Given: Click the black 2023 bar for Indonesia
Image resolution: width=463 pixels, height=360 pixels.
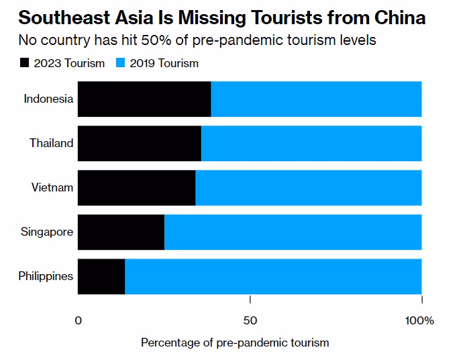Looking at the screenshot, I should [144, 99].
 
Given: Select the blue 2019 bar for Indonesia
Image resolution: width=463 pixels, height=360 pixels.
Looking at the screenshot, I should [316, 99].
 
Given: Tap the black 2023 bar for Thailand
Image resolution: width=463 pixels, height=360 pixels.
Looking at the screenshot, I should [140, 144].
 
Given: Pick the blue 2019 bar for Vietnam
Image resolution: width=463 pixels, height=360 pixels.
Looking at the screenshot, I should [309, 188].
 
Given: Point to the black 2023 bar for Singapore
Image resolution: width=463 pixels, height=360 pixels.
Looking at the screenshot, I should [121, 232].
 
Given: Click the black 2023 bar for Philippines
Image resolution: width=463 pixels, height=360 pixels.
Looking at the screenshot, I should [101, 277].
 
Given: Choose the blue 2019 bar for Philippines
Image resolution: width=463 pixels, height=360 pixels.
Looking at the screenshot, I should [273, 277].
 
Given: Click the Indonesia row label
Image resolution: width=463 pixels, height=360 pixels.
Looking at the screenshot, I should [48, 99].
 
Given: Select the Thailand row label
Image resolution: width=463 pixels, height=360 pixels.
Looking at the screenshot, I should [51, 143].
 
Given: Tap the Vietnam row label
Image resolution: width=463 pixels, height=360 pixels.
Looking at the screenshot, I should [52, 187].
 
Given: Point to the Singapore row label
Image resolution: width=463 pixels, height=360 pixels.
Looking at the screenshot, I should [47, 232].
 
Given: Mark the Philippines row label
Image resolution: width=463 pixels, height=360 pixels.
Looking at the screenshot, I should [46, 276].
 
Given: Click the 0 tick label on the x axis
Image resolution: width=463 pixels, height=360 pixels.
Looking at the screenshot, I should [79, 320].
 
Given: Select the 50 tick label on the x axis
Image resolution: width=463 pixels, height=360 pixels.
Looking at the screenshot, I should [250, 320].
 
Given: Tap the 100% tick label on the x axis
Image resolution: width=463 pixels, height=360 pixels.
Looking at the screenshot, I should [420, 320].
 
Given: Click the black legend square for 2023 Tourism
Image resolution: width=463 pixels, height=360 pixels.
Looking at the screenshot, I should [25, 63].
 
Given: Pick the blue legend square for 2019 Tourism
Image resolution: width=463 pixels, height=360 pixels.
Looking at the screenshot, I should [121, 63].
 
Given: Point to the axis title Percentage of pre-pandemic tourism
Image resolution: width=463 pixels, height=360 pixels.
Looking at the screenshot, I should [235, 343].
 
